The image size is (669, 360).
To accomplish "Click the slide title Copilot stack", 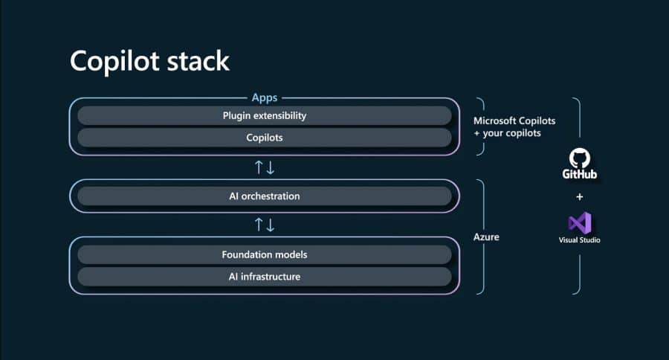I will click(149, 61).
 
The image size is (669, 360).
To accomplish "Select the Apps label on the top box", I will click(264, 97).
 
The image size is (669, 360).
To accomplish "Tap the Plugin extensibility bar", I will click(264, 115).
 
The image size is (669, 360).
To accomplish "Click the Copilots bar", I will click(264, 138).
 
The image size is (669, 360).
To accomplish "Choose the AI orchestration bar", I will click(264, 196).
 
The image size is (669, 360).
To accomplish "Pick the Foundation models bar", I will click(264, 254).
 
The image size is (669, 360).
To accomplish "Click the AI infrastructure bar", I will click(264, 277).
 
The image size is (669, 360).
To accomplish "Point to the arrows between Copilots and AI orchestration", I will click(265, 167).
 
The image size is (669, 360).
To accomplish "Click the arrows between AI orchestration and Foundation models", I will click(265, 224).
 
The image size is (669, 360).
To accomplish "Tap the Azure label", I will click(486, 237).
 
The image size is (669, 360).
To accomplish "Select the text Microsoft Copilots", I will click(514, 120).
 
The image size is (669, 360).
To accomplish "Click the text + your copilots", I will click(508, 133).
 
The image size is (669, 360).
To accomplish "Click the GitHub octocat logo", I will click(580, 158).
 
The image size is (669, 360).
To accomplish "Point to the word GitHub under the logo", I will click(580, 175).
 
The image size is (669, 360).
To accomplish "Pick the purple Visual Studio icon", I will click(580, 222).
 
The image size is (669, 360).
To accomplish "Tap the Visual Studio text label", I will click(580, 240).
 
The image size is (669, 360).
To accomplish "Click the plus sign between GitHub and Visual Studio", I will click(580, 197).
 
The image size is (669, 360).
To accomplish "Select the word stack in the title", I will click(197, 61).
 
